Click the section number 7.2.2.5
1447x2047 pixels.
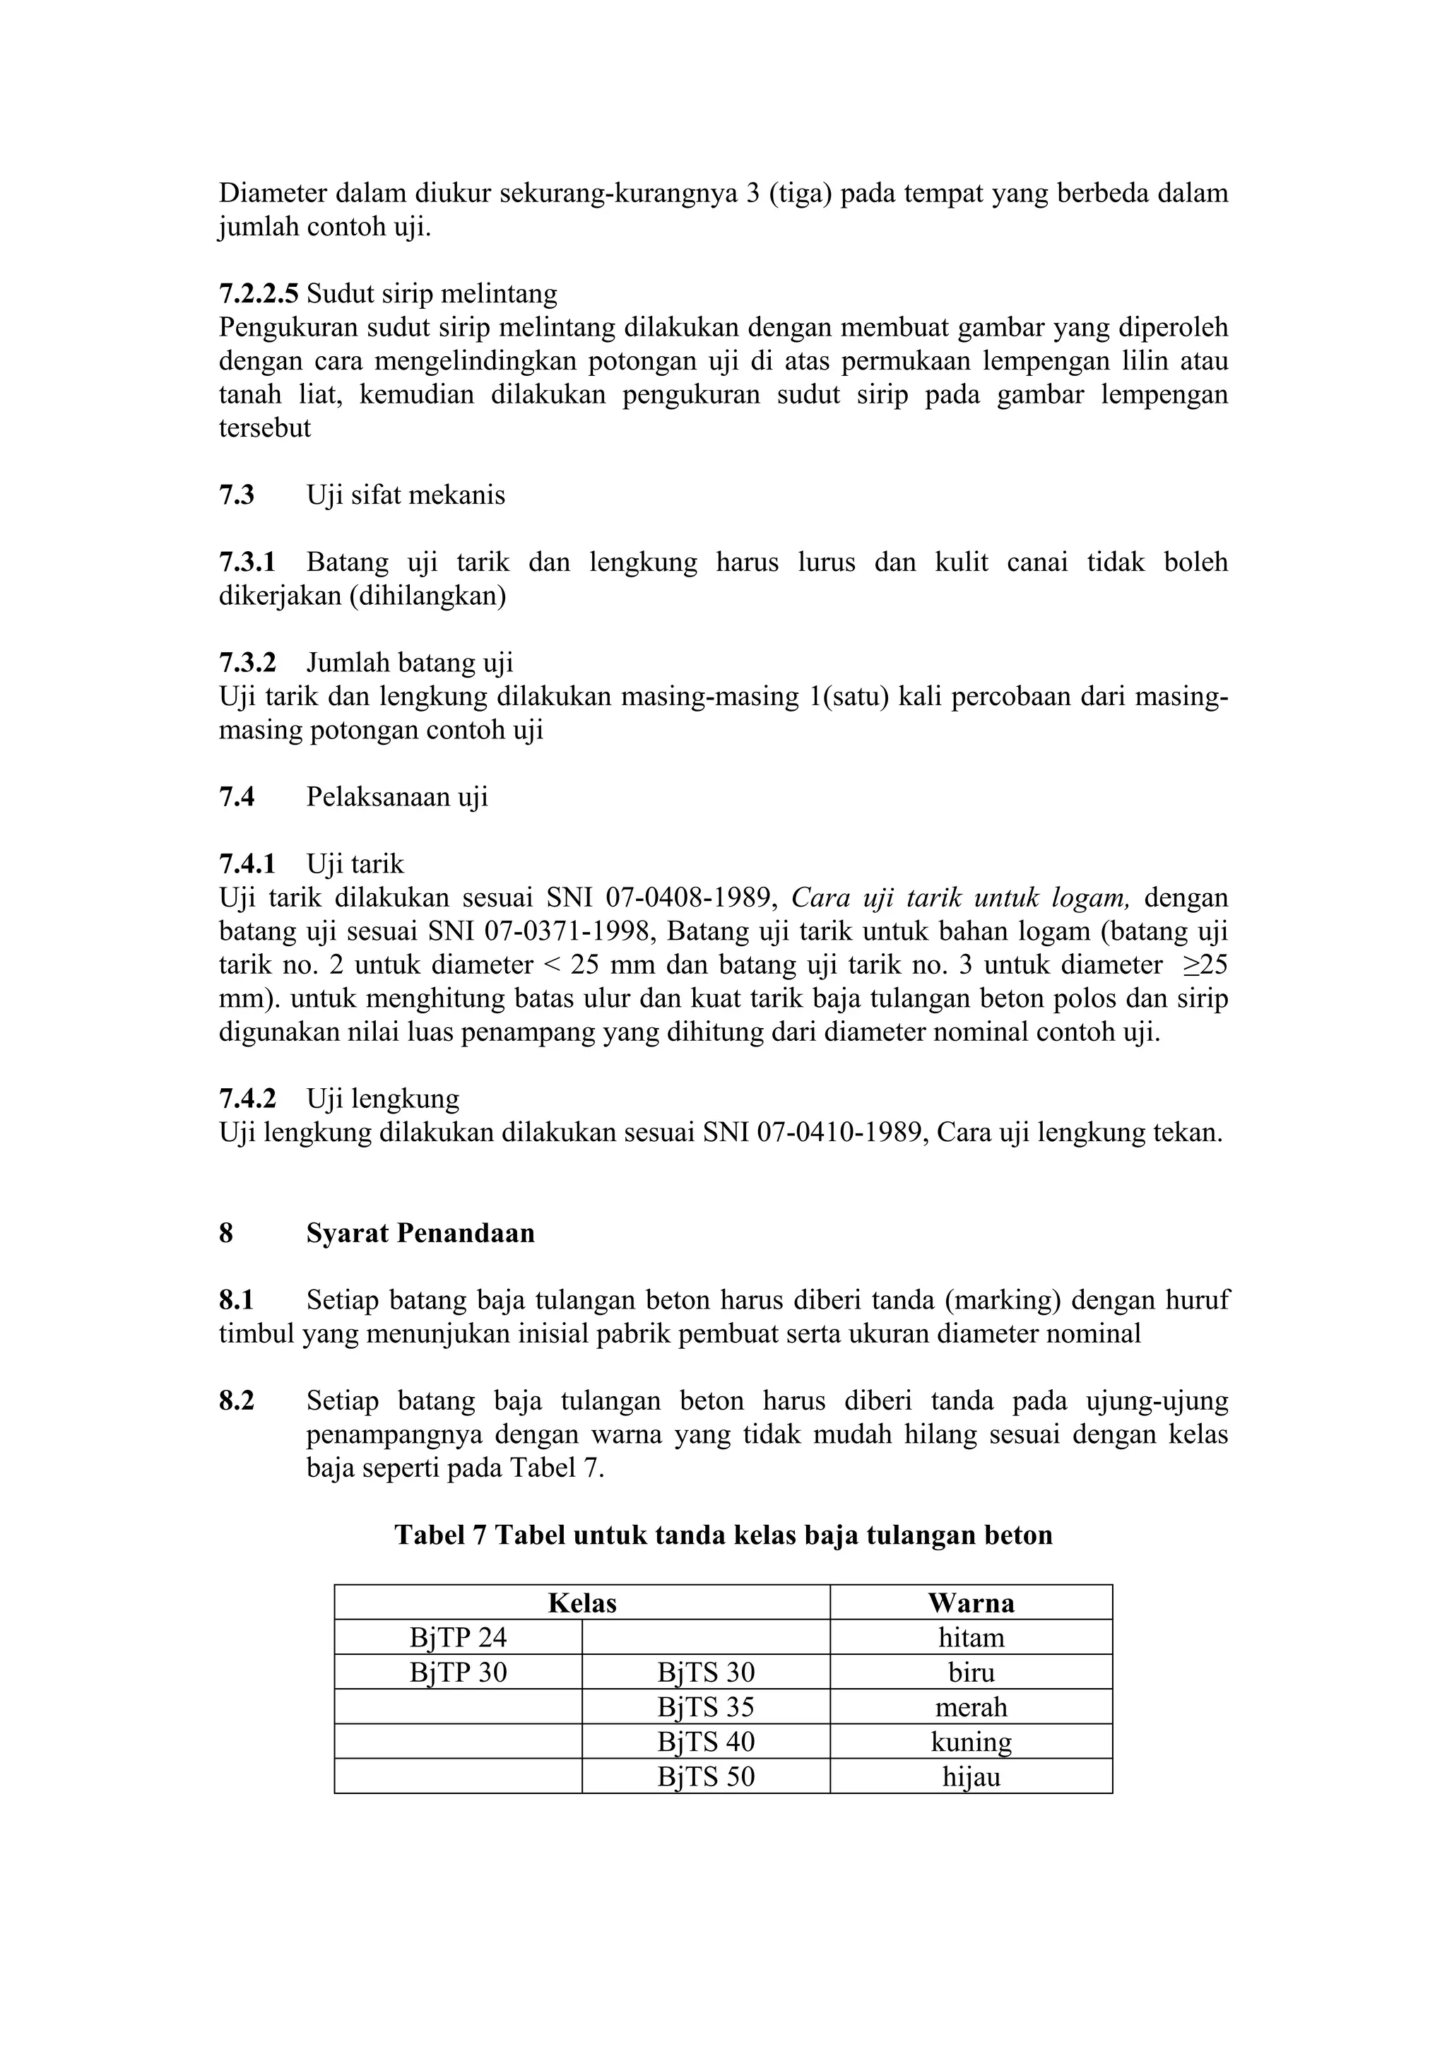pos(259,293)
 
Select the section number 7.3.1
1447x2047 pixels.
pos(247,562)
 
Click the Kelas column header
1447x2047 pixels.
pos(582,1603)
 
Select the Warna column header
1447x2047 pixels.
pos(971,1603)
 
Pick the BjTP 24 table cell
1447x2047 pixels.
pos(459,1638)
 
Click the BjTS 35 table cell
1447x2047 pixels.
pos(705,1707)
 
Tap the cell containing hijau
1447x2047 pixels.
pos(971,1777)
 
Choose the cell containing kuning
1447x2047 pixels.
pos(971,1742)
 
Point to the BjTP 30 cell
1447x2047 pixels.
pos(459,1673)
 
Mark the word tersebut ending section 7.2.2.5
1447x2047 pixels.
pos(265,429)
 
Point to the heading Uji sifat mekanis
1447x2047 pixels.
pos(406,496)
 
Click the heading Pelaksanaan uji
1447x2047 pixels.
pos(397,797)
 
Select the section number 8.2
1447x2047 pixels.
pos(236,1401)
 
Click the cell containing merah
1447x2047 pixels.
pos(971,1707)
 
